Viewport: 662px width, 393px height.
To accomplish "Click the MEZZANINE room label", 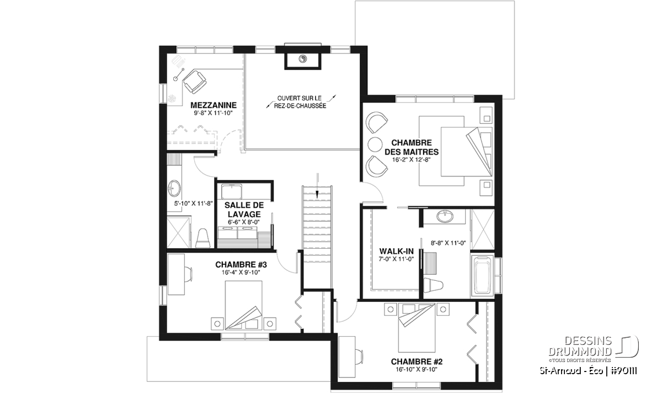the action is pyautogui.click(x=213, y=105).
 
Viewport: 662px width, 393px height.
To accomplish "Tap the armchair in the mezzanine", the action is pyautogui.click(x=194, y=81).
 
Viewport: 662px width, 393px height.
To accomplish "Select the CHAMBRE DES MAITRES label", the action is pyautogui.click(x=412, y=147).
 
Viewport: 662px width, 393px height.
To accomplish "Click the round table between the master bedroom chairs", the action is pyautogui.click(x=375, y=144).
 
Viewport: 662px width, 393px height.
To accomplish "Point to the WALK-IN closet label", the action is pyautogui.click(x=396, y=251).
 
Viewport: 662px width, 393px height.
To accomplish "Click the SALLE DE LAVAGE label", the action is pyautogui.click(x=244, y=209).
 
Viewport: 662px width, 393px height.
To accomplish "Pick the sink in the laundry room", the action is pyautogui.click(x=231, y=192).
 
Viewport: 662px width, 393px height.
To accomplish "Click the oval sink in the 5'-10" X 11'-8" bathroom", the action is pyautogui.click(x=174, y=188).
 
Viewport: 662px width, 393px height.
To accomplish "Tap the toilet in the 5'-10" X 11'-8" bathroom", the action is pyautogui.click(x=203, y=238).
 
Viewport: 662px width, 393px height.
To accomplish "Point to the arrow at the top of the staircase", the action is pyautogui.click(x=317, y=185).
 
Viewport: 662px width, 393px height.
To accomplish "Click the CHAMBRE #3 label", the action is pyautogui.click(x=241, y=264).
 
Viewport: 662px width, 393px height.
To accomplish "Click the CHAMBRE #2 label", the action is pyautogui.click(x=417, y=361).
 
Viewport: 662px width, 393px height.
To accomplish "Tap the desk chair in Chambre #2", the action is pyautogui.click(x=359, y=357).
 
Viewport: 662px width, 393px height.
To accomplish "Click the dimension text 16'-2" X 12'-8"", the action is pyautogui.click(x=412, y=160).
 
